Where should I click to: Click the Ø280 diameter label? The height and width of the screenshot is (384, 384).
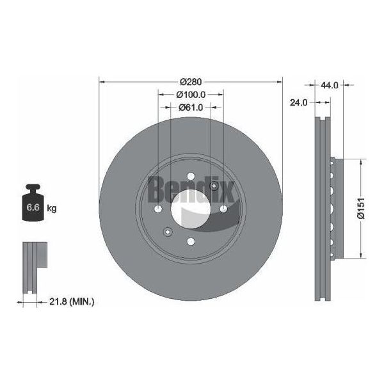coord(191,82)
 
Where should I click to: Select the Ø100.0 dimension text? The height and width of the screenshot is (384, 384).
coord(191,95)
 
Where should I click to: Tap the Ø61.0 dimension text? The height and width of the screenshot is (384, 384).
coord(191,108)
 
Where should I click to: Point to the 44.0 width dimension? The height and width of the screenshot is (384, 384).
coord(330,85)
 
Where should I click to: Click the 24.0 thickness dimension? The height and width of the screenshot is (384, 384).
coord(298,102)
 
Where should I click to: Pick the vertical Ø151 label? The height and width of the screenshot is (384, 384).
coord(362,208)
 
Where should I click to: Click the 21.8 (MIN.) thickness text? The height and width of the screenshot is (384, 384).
coord(72,301)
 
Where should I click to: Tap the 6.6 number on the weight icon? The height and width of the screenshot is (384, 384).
coord(33,207)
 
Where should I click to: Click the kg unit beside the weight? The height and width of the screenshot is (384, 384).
coord(52,209)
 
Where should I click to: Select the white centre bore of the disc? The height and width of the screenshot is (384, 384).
coord(191,209)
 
